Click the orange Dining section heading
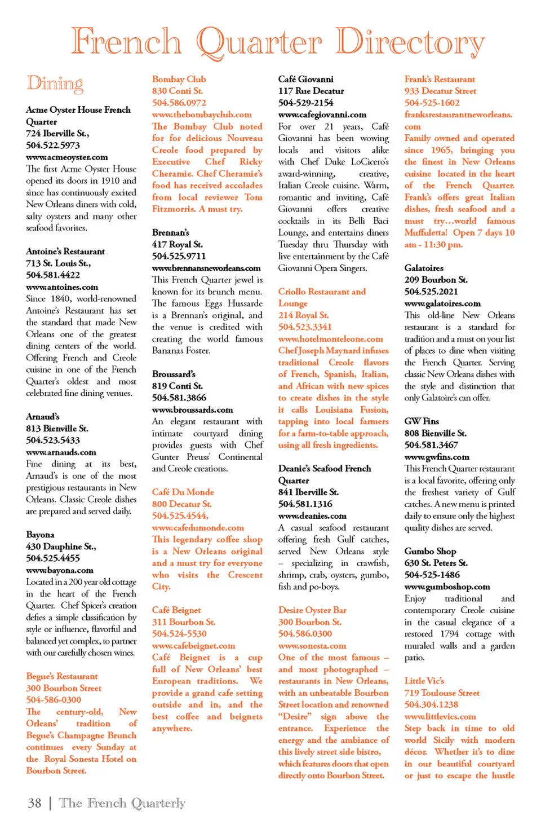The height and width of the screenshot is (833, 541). [x=55, y=84]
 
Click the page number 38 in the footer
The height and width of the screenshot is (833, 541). [x=34, y=803]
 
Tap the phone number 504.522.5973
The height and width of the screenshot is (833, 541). [x=53, y=145]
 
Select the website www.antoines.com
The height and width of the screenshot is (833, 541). [x=62, y=287]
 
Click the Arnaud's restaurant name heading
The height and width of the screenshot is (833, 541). [x=43, y=417]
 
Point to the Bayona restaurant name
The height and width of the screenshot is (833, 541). [x=41, y=535]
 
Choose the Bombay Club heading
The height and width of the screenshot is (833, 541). [x=179, y=80]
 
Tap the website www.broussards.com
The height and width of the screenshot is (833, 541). [x=192, y=410]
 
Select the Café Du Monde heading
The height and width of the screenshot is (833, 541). [x=183, y=492]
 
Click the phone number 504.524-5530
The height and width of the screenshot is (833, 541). [x=179, y=634]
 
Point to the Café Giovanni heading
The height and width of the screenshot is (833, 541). [x=305, y=80]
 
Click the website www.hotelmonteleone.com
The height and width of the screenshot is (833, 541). [x=330, y=339]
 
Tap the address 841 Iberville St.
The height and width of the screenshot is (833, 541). [x=308, y=492]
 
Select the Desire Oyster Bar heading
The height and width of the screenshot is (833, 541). [x=312, y=610]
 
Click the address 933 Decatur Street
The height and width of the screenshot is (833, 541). [x=440, y=91]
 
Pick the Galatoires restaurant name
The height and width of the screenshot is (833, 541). [x=424, y=268]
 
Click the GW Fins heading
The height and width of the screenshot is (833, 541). [x=422, y=421]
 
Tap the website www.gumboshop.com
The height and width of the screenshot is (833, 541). [x=447, y=587]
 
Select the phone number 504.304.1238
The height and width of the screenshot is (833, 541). [x=431, y=704]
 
